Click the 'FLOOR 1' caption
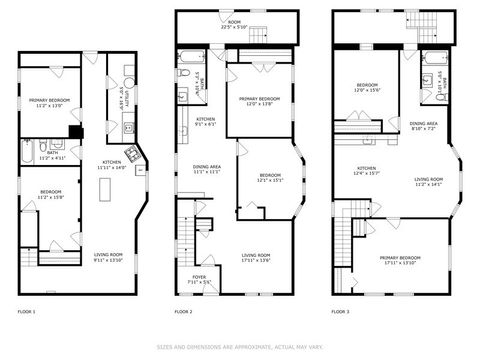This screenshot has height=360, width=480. point(27,312)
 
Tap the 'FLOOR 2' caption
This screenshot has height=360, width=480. point(183,312)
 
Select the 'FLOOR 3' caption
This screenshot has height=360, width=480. point(340,312)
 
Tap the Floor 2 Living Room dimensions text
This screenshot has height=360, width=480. point(256,261)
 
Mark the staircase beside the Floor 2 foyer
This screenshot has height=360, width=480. point(186,240)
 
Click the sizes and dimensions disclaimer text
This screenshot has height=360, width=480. point(239,347)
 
